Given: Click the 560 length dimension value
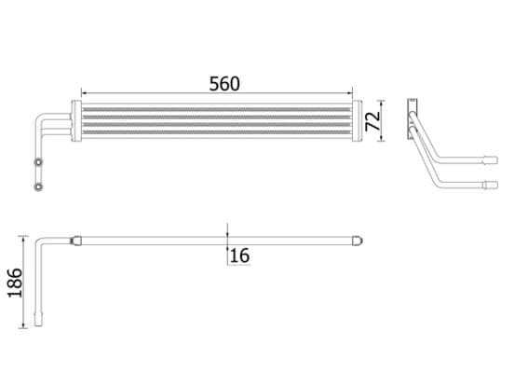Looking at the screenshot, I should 223,82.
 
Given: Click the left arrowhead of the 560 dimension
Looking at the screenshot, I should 86,93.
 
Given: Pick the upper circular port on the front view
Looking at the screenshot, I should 38,164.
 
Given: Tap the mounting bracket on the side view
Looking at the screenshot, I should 410,117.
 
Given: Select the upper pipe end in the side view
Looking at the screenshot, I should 491,160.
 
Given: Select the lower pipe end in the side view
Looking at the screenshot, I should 491,184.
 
